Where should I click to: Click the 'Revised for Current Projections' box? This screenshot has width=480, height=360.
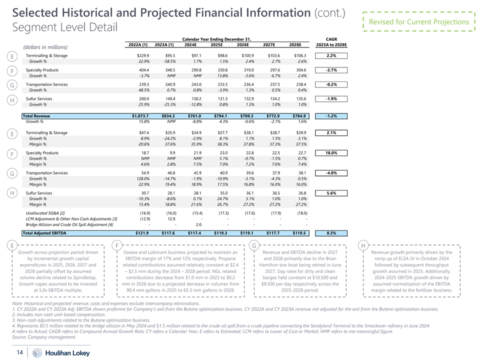point(418,22)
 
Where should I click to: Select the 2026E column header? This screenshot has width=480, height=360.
point(248,44)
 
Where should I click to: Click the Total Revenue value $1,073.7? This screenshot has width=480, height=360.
point(137,116)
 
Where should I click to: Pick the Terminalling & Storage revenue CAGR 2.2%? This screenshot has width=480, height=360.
point(330,55)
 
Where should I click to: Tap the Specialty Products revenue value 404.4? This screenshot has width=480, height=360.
point(143,70)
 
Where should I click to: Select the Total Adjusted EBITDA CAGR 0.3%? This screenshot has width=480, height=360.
point(330,233)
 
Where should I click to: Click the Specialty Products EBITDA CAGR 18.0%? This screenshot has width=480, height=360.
point(330,153)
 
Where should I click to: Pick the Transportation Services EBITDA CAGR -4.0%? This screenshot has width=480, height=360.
point(330,173)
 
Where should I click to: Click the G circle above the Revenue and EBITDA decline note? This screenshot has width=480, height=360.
point(254,245)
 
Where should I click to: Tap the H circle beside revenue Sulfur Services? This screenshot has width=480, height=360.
point(11,102)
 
